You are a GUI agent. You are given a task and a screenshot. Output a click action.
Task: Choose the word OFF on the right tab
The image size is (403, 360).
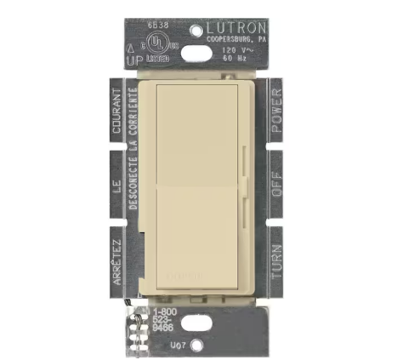276,180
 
